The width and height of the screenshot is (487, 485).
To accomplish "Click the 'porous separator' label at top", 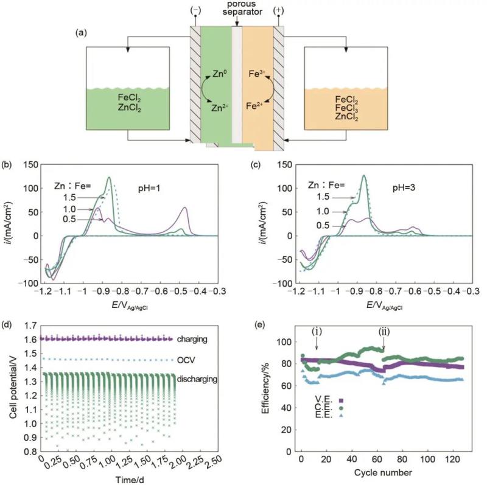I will [x=237, y=9].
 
